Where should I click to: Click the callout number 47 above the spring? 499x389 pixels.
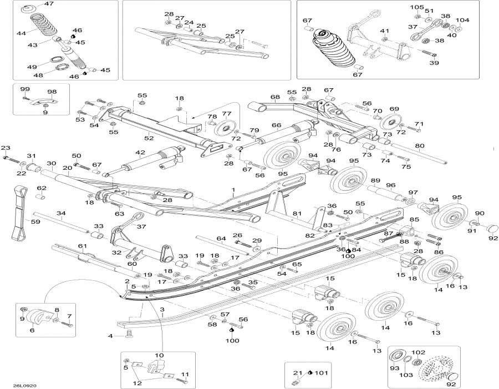coord(49,4)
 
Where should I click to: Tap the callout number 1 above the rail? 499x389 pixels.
coord(233,189)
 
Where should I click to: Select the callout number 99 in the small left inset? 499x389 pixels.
coord(25,89)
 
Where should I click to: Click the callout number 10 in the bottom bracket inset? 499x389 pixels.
coord(159,355)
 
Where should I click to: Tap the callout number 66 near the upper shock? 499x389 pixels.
coord(276,125)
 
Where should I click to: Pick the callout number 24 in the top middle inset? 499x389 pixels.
coord(189,23)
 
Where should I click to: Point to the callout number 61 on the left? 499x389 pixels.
coord(83,246)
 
